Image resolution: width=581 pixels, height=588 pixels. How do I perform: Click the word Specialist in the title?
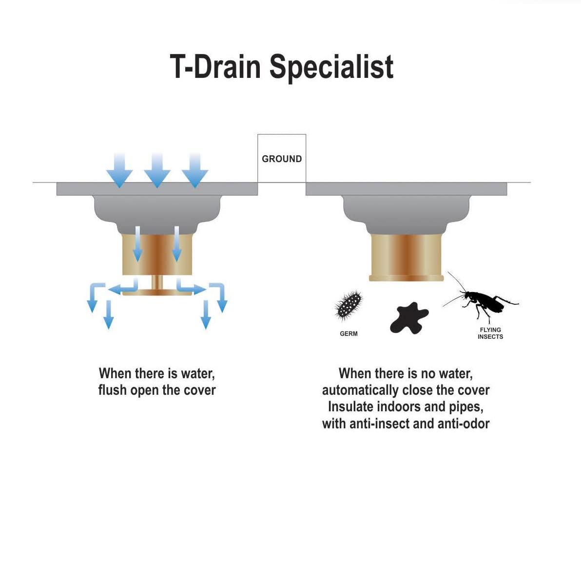(331, 67)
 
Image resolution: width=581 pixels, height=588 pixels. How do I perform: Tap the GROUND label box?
(282, 159)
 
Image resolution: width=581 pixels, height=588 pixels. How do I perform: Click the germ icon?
(349, 305)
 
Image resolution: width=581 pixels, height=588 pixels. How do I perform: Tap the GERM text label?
(349, 333)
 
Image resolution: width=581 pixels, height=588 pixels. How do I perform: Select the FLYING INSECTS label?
(490, 333)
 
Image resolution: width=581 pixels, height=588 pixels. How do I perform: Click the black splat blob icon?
(409, 318)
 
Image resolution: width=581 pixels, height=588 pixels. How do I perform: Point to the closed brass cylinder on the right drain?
(406, 256)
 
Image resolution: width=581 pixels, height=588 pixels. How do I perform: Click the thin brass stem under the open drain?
(157, 282)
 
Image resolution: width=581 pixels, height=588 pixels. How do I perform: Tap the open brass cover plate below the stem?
(157, 293)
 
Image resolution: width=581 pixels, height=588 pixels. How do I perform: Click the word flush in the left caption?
(113, 390)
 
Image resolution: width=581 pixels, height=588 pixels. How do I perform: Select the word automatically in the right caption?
(360, 390)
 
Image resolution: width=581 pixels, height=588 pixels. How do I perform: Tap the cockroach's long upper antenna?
(456, 281)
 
